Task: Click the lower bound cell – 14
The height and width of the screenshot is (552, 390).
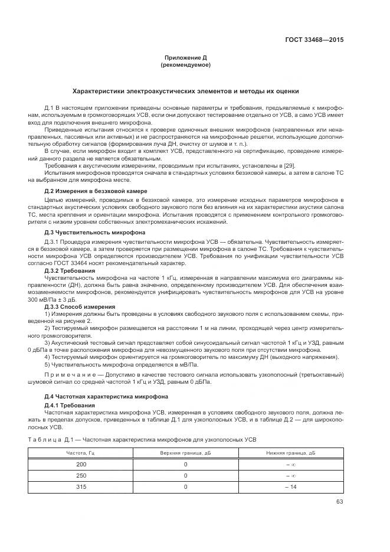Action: (290, 486)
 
